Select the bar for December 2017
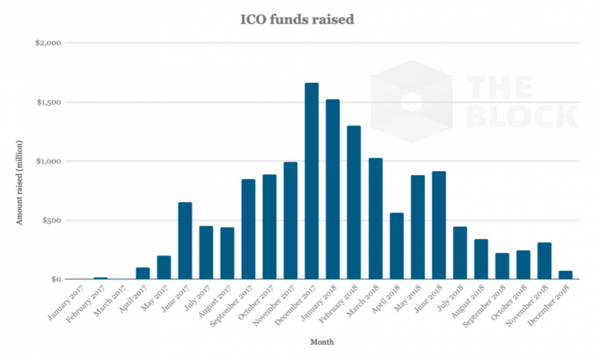(312, 181)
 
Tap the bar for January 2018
(333, 189)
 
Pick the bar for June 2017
(185, 240)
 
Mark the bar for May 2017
(163, 267)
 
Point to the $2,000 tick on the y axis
(48, 43)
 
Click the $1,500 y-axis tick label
(48, 102)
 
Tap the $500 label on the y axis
(51, 220)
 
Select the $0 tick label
(55, 280)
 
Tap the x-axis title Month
(321, 342)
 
